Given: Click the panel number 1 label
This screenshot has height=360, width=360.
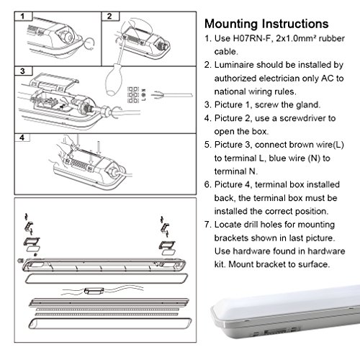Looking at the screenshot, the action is [x=22, y=17].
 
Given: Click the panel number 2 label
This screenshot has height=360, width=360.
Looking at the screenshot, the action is [x=109, y=17].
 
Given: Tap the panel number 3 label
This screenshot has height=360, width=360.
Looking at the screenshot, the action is [x=22, y=71].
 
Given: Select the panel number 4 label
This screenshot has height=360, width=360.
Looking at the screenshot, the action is [x=22, y=138].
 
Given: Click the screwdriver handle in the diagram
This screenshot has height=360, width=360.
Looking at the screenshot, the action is [x=114, y=80].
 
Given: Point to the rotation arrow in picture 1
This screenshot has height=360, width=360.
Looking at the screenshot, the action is [x=89, y=43].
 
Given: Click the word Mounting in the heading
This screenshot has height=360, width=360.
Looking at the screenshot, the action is [x=232, y=24].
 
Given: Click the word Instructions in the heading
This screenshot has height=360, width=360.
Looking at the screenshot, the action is [x=295, y=24].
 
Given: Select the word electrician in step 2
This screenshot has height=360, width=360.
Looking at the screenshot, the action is [x=279, y=78].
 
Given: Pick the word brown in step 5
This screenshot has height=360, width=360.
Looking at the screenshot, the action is [x=301, y=145].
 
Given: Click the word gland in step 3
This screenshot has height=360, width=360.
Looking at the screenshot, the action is [x=308, y=105].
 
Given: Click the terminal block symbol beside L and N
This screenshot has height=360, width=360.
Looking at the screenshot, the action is [x=133, y=95].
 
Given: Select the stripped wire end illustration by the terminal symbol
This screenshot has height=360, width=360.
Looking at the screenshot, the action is [x=172, y=95].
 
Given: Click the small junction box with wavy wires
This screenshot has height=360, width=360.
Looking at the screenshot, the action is [x=94, y=291].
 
